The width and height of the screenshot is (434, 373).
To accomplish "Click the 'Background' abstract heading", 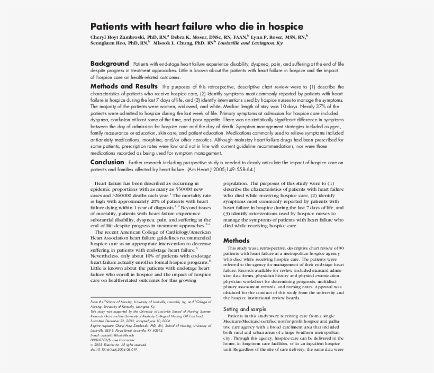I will [110, 63].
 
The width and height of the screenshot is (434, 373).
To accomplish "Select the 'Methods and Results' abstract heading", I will [124, 86].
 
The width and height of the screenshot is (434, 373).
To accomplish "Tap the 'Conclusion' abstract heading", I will [107, 162].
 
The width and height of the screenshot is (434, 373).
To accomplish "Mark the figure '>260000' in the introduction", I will [122, 195].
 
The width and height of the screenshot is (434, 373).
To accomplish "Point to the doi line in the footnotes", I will [114, 350].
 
